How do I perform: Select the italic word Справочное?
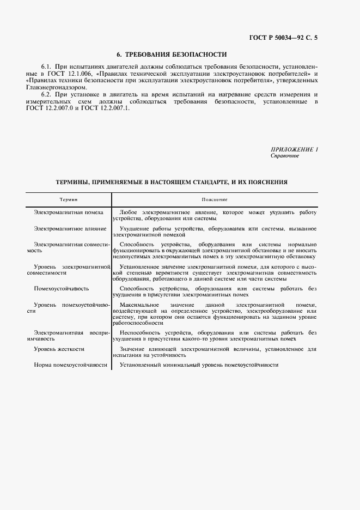pos(284,155)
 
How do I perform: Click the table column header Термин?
pos(68,200)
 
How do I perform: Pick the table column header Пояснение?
pos(214,200)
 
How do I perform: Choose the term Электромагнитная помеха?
pos(68,212)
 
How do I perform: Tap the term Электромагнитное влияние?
pos(70,228)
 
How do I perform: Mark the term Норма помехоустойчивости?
pos(70,365)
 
